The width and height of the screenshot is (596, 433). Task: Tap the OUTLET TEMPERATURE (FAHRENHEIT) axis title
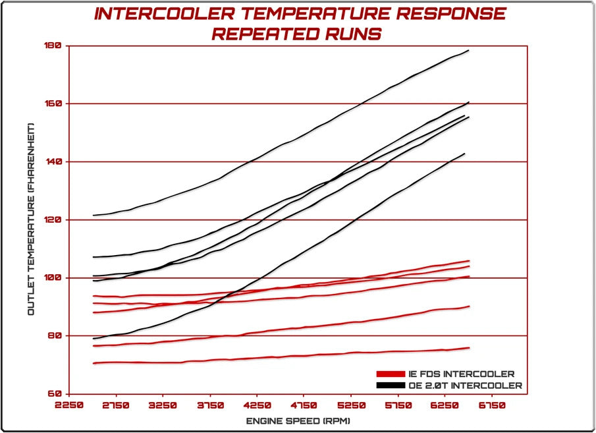[31, 219]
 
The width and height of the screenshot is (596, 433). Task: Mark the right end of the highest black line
[468, 50]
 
